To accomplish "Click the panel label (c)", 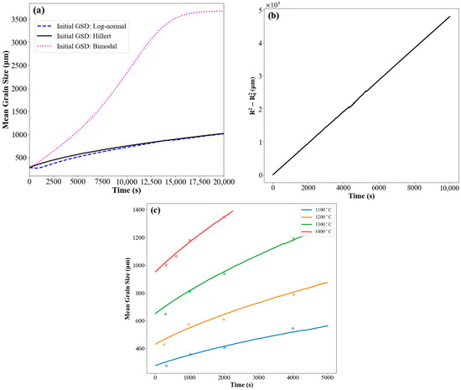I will pyautogui.click(x=156, y=209).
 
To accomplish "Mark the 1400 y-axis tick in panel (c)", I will pyautogui.click(x=140, y=209).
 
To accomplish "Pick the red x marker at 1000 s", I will pyautogui.click(x=189, y=241).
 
